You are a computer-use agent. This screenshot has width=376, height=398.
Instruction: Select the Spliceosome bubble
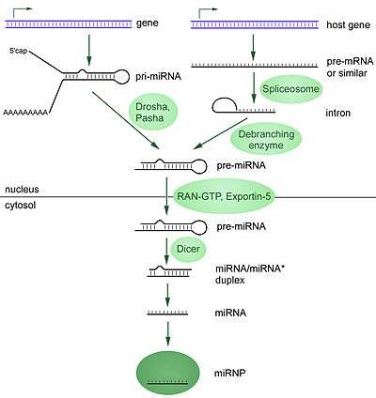click(x=290, y=89)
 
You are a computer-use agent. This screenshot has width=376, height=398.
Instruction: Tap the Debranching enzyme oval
click(x=266, y=140)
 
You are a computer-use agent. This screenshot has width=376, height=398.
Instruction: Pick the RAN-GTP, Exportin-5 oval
click(x=224, y=196)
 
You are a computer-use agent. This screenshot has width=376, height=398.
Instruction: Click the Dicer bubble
click(x=188, y=249)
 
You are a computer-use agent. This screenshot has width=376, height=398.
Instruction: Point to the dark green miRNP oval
click(x=167, y=373)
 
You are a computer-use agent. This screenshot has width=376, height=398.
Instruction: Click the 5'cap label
click(x=18, y=51)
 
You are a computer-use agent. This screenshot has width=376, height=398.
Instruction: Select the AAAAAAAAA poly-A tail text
click(x=25, y=113)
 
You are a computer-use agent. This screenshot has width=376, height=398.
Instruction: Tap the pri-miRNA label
click(x=158, y=77)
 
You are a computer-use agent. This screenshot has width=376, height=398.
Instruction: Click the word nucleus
click(x=22, y=190)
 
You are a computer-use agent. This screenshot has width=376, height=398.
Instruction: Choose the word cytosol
click(x=21, y=206)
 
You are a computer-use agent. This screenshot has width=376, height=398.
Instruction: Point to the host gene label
click(x=348, y=25)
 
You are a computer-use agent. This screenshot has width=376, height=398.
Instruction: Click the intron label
click(x=337, y=113)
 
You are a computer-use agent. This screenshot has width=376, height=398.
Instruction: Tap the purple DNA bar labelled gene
click(x=68, y=24)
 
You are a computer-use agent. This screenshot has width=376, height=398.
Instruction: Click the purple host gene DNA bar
click(x=255, y=24)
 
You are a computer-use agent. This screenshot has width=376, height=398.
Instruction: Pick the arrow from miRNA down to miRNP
click(x=168, y=333)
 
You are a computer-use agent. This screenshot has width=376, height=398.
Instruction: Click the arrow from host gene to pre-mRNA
click(x=253, y=47)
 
